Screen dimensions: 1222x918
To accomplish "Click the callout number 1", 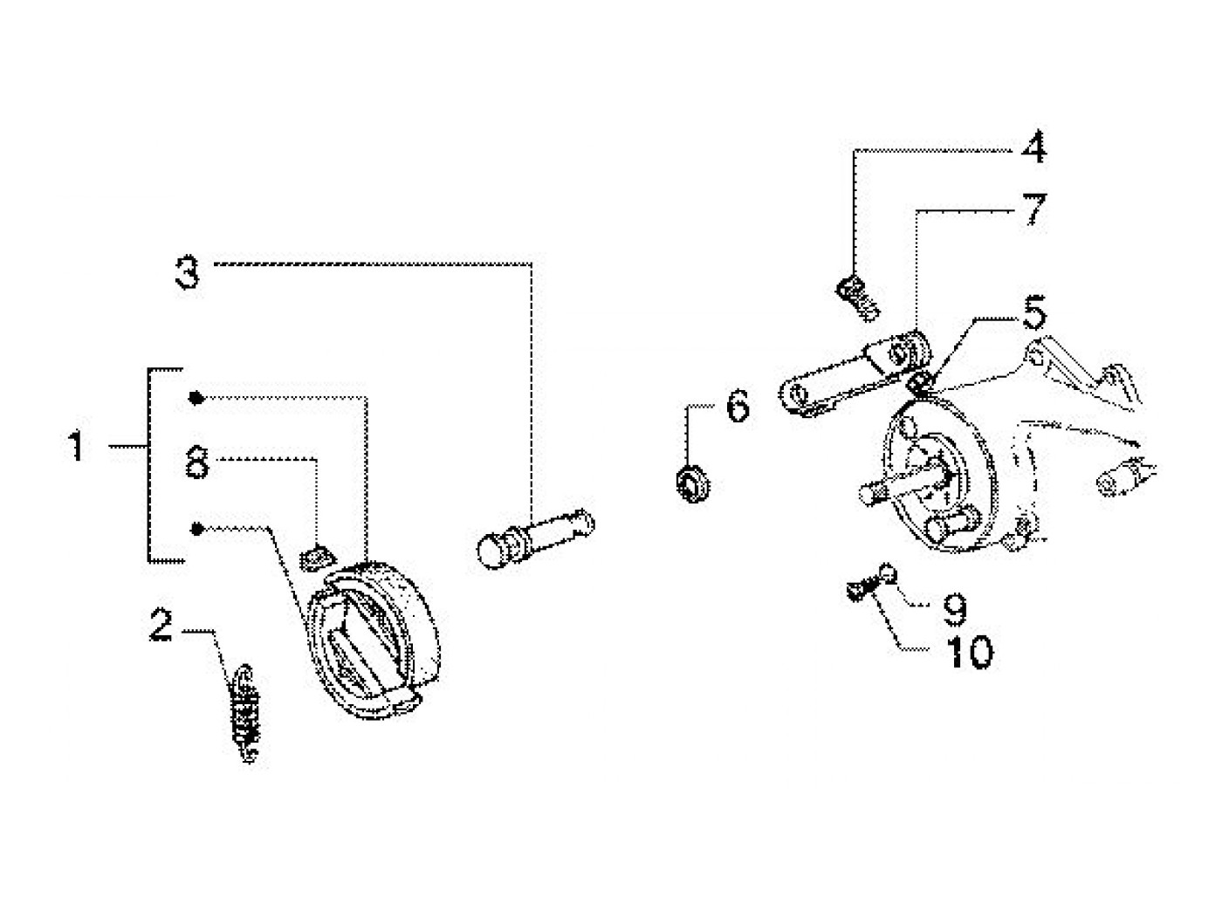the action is (x=75, y=445).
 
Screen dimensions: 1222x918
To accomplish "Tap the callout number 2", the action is (x=161, y=625).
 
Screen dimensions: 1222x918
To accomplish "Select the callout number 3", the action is (x=187, y=272).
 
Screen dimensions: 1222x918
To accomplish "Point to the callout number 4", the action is (x=1033, y=147).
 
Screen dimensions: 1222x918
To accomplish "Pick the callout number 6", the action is (x=738, y=406).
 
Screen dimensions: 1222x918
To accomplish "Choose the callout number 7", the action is (x=1034, y=209).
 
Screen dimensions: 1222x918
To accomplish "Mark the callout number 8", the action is (x=197, y=462).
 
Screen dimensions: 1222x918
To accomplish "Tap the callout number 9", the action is (x=955, y=610).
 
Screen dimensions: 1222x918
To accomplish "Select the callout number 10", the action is (x=970, y=652).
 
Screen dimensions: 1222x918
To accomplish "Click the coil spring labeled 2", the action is (x=245, y=713).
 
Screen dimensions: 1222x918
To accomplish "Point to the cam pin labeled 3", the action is (x=536, y=538).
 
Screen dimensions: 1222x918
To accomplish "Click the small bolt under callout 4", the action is (x=858, y=298).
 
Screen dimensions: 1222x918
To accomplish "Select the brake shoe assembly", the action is (x=374, y=640).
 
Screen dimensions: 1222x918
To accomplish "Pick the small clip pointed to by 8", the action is (x=316, y=558).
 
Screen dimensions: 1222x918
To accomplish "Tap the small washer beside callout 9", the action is (x=888, y=573).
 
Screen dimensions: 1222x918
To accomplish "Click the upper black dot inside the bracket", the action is (x=196, y=398).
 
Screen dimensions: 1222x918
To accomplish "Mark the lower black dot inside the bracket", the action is (x=196, y=529).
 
